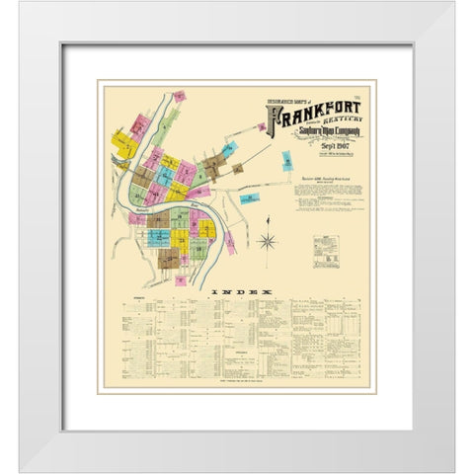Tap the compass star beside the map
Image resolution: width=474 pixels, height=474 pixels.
pos(266,241)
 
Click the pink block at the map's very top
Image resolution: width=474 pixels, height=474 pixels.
pos(180,97)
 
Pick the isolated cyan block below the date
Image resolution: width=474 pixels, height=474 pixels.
pos(287,161)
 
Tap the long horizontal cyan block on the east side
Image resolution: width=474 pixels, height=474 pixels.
pos(251,197)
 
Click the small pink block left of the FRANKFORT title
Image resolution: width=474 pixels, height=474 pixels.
pos(262,126)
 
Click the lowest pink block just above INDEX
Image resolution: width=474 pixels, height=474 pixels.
pos(182,279)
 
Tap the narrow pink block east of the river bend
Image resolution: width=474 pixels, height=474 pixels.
pos(230,243)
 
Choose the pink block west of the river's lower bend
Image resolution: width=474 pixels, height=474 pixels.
pos(135,218)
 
